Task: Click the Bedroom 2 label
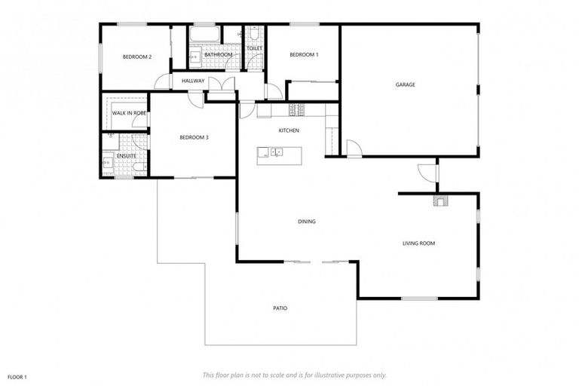click(138, 57)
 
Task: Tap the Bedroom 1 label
click(304, 55)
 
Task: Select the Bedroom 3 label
click(194, 137)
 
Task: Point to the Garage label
click(406, 85)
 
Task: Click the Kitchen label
click(289, 130)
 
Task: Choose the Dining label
click(306, 222)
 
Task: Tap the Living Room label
click(418, 243)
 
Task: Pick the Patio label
click(280, 308)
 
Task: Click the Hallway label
click(193, 81)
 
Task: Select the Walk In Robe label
click(129, 113)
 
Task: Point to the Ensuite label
click(126, 155)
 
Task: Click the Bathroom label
click(218, 55)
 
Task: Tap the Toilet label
click(254, 47)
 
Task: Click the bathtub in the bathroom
click(204, 35)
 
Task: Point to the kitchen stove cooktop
click(297, 110)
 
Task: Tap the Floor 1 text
click(17, 376)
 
